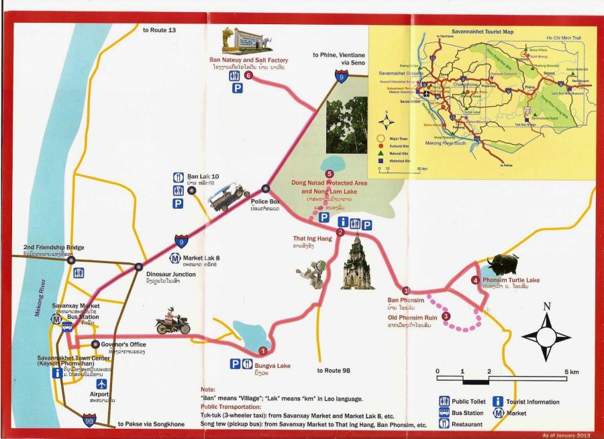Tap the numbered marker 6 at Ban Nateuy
pos(248,76)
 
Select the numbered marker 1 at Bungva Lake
pos(263,350)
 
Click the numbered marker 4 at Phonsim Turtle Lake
pos(475,280)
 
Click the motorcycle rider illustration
pos(172,323)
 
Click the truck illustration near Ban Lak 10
pos(229,197)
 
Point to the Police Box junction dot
pos(266,189)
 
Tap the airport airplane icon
pos(101,385)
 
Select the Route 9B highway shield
pos(89,420)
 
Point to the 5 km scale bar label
pos(572,371)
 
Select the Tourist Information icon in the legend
pos(498,401)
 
